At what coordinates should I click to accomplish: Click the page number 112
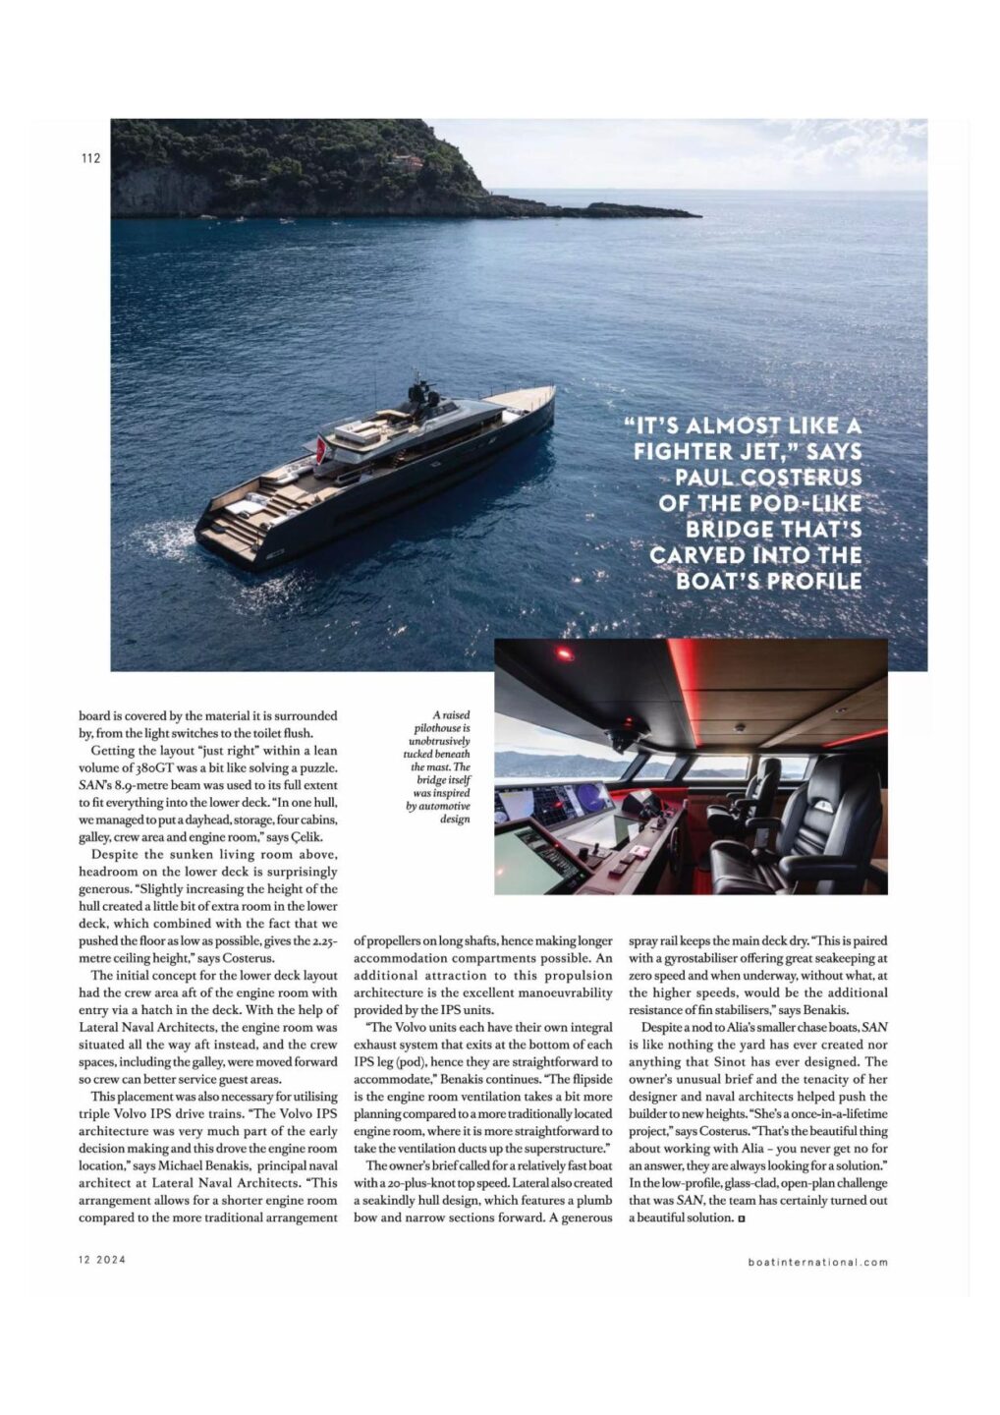pyautogui.click(x=90, y=158)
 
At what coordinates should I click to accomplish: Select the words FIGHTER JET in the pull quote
pyautogui.click(x=747, y=451)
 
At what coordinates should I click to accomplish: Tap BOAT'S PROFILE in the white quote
pyautogui.click(x=768, y=580)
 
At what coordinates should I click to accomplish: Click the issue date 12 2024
pyautogui.click(x=102, y=1261)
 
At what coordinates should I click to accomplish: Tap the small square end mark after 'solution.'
pyautogui.click(x=741, y=1218)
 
